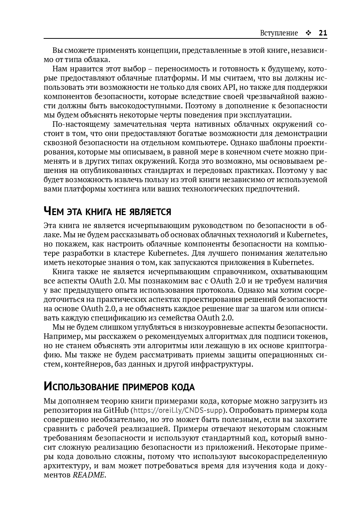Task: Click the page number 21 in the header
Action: [x=323, y=33]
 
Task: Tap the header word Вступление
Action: [x=279, y=33]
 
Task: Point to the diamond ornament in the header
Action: [x=308, y=33]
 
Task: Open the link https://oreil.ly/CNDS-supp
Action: [x=178, y=410]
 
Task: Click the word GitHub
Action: [x=116, y=410]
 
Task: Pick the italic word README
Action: [x=89, y=475]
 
